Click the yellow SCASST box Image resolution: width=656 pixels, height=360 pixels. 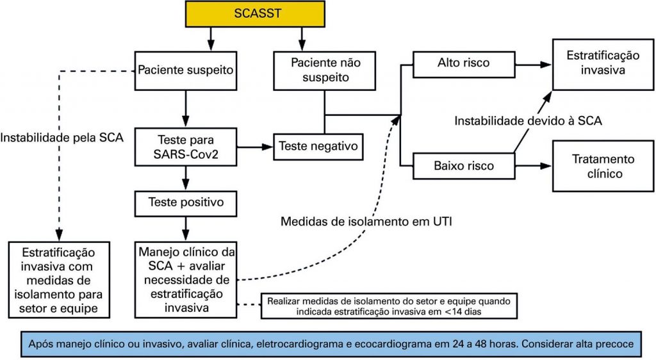coord(256,13)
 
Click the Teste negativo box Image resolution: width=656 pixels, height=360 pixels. coord(318,146)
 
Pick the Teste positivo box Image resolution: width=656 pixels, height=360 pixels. coord(185,202)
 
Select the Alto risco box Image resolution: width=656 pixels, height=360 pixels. coord(463,63)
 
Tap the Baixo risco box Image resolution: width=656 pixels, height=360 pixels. coord(463,166)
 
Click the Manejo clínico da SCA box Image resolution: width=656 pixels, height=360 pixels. coord(185,279)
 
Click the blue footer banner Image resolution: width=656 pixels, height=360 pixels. coord(328,344)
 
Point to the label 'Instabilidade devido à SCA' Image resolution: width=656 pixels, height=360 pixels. coord(529,120)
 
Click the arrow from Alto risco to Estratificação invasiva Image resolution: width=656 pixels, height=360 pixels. coord(533,64)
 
